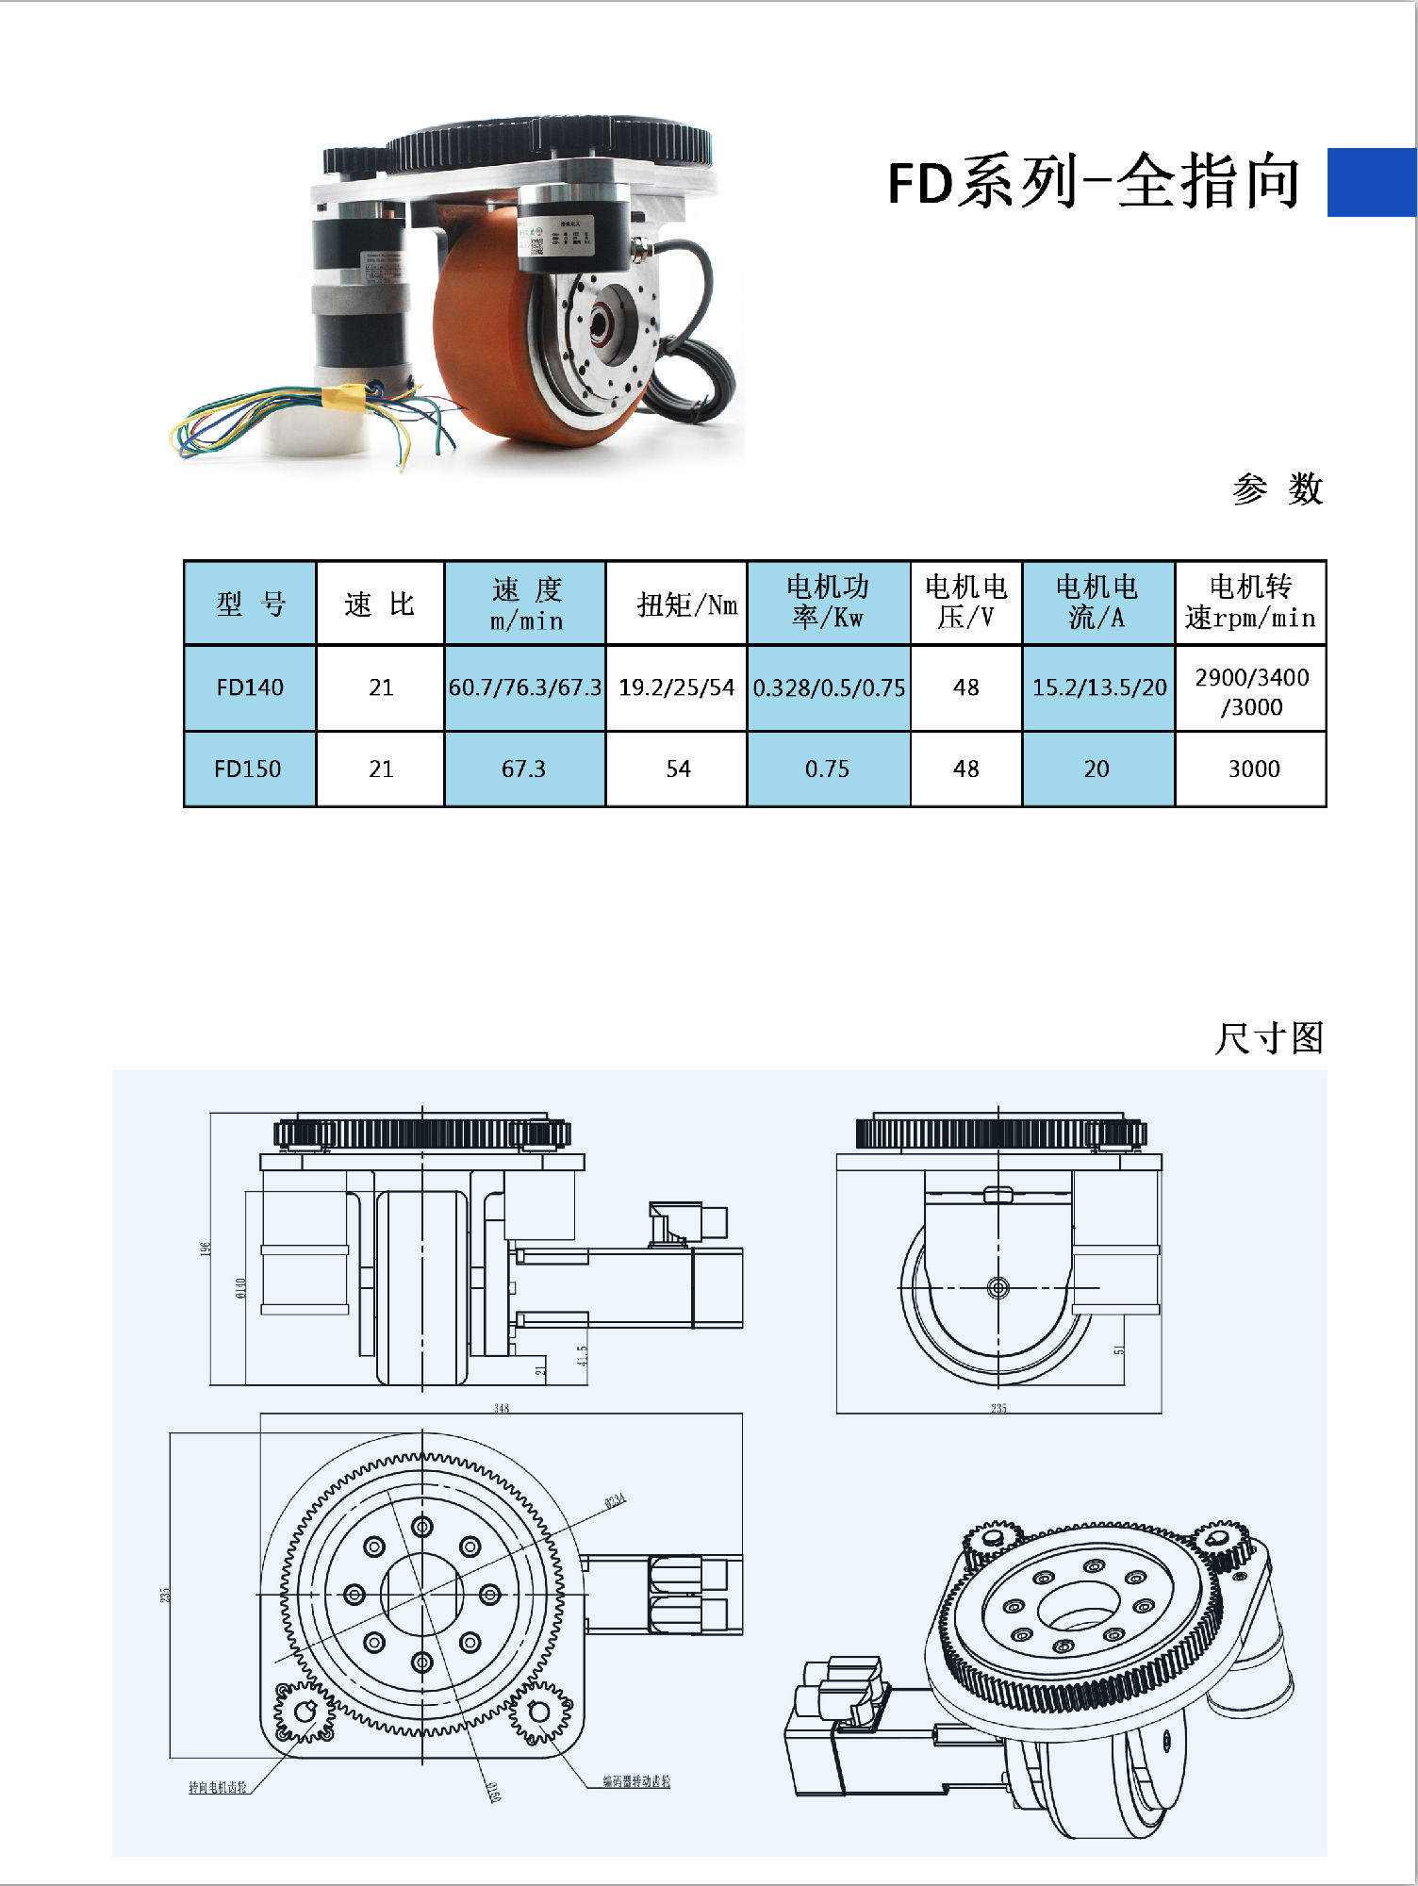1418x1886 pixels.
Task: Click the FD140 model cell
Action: (x=250, y=687)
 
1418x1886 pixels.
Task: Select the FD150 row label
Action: (x=248, y=769)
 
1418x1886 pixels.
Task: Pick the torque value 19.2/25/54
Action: (x=676, y=687)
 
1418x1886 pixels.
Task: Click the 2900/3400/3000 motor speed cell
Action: (x=1251, y=691)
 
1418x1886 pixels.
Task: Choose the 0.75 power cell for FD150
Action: (x=827, y=769)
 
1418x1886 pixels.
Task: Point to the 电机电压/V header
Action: (x=966, y=602)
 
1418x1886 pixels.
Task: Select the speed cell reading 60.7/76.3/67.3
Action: (x=524, y=687)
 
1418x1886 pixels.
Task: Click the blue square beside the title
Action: (x=1371, y=182)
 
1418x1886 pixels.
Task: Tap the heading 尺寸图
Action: (x=1269, y=1038)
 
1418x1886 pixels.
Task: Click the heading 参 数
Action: (x=1278, y=488)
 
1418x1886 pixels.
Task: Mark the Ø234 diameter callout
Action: (x=615, y=1500)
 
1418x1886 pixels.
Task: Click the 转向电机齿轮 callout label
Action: (x=218, y=1787)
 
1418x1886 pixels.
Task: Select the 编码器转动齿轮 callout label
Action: (x=636, y=1781)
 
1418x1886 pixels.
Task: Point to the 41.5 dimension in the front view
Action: (x=583, y=1355)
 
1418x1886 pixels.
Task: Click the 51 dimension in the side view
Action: (x=1119, y=1350)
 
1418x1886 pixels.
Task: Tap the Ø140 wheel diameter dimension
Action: (x=240, y=1288)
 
